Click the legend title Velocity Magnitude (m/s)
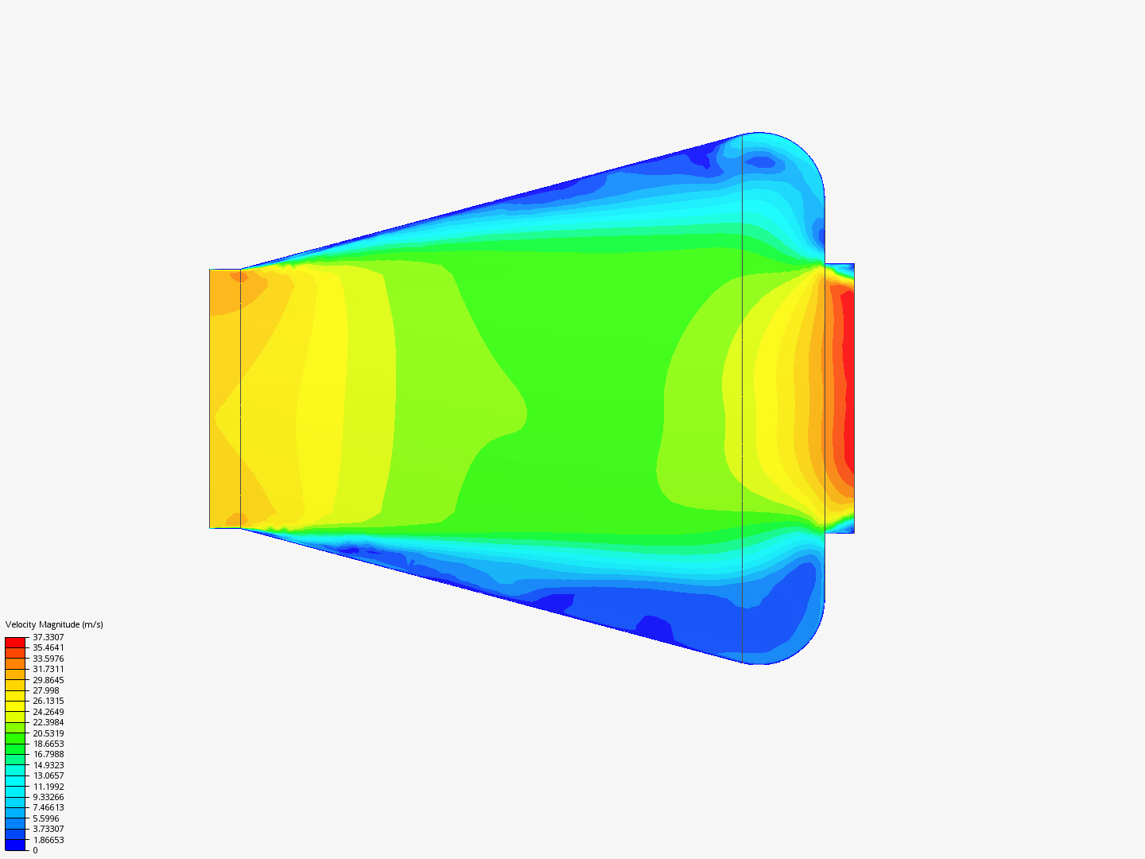[54, 624]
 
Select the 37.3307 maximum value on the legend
[48, 637]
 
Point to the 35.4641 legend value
[48, 647]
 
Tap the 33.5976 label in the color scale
[48, 659]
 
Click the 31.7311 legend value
[48, 669]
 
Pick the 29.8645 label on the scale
[48, 680]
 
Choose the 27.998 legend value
[46, 690]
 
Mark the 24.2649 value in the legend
[48, 712]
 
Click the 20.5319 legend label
[48, 733]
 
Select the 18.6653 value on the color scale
[48, 744]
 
